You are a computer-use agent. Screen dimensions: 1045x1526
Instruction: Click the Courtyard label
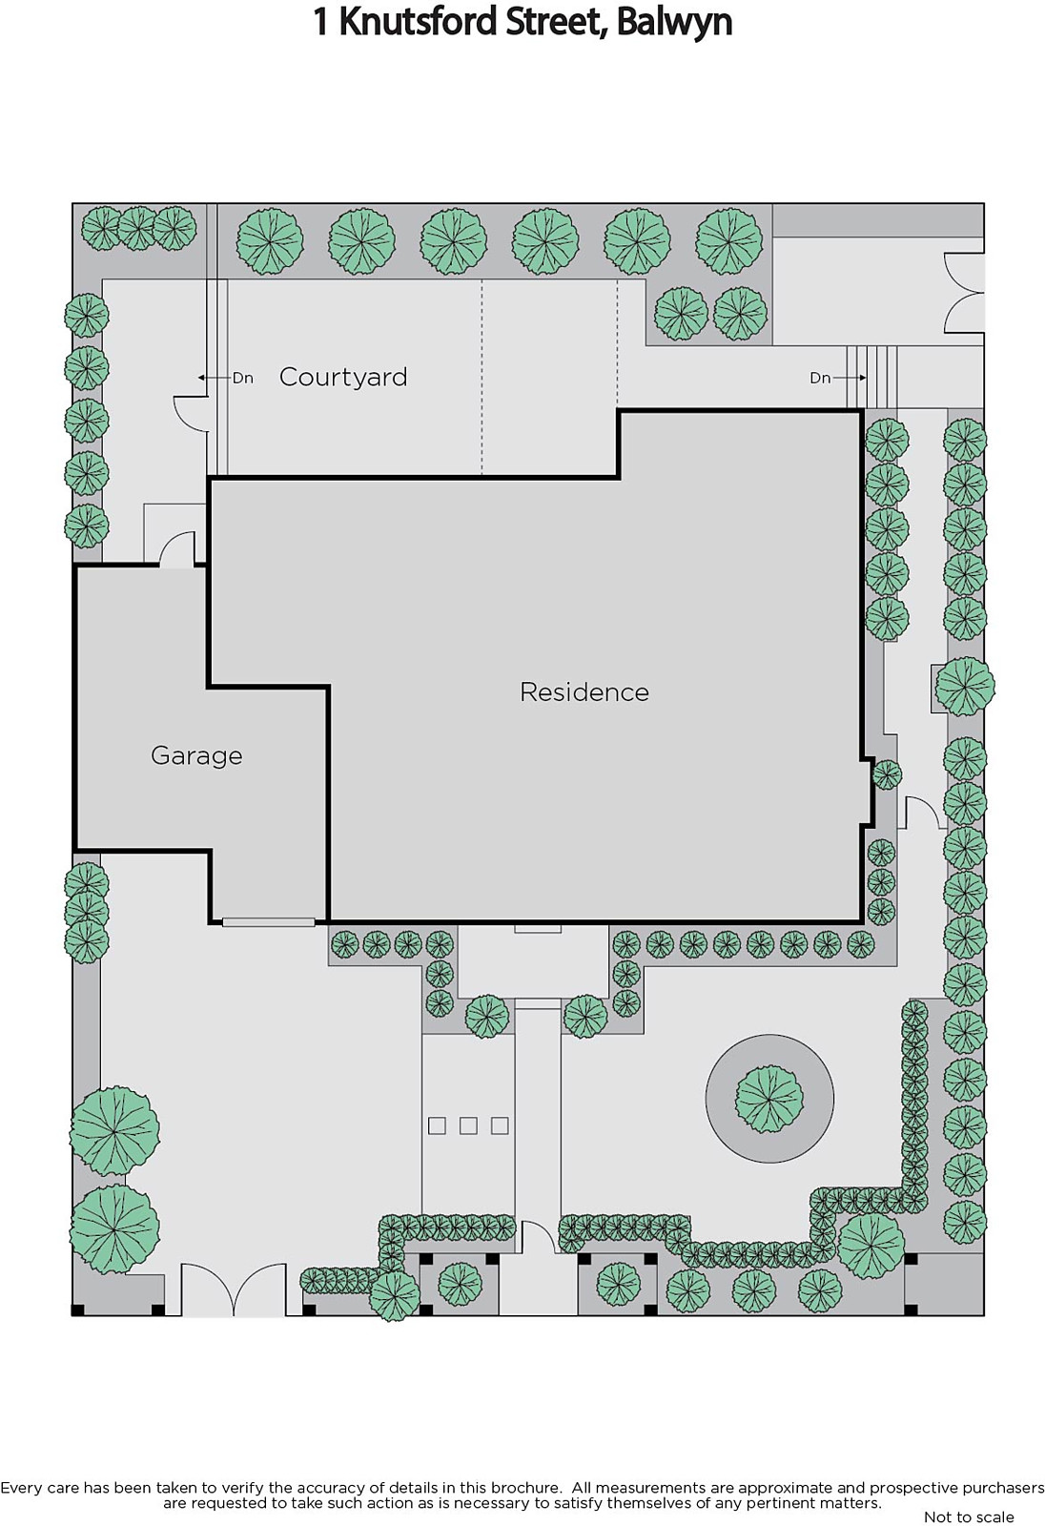(x=343, y=377)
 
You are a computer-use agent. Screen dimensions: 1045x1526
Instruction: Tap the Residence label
(x=584, y=692)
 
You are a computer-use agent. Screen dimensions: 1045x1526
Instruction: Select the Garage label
(x=196, y=756)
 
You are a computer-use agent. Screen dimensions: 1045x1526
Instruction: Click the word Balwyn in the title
(x=674, y=23)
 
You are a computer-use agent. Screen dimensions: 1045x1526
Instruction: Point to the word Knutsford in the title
(x=419, y=23)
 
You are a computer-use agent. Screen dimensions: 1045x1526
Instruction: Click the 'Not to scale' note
(x=969, y=1516)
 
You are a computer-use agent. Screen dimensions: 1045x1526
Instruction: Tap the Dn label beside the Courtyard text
(x=242, y=378)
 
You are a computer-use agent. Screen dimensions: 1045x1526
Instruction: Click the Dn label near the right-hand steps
(x=820, y=378)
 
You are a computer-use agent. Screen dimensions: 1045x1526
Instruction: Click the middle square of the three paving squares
(x=468, y=1125)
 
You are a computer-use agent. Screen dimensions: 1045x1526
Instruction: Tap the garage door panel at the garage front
(x=269, y=922)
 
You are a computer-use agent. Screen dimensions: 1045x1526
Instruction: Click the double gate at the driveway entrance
(x=233, y=1289)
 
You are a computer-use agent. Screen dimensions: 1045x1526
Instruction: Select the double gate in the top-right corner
(x=964, y=293)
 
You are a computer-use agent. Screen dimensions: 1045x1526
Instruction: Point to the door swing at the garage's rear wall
(x=177, y=549)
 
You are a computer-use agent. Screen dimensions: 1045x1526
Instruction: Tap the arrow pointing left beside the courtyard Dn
(x=214, y=378)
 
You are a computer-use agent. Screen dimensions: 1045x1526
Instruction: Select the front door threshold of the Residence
(x=538, y=929)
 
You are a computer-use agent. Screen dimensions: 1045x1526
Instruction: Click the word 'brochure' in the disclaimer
(x=526, y=1488)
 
